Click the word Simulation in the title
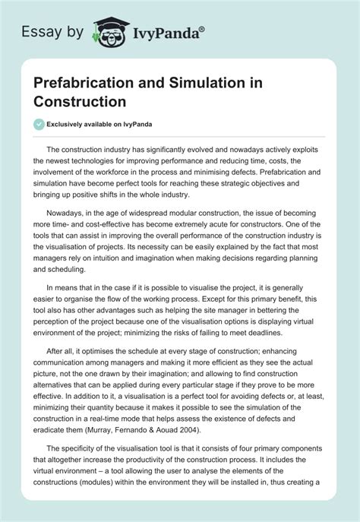203,84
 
